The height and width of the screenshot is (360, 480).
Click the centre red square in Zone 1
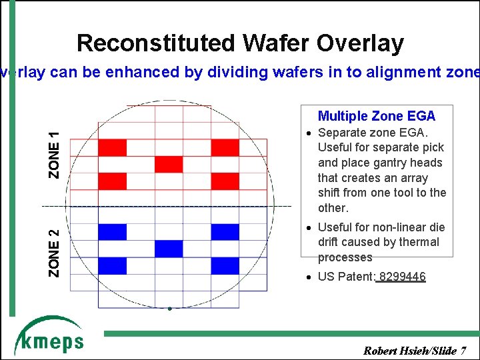[x=169, y=164]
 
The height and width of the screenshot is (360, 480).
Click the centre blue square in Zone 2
[x=169, y=249]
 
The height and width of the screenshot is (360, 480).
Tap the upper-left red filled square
[x=112, y=147]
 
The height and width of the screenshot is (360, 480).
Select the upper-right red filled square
[x=225, y=147]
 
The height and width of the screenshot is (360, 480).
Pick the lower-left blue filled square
[x=112, y=265]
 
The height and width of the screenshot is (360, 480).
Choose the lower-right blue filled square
[x=225, y=265]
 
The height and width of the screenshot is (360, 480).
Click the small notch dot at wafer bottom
[x=170, y=309]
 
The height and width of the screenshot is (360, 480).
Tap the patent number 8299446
[x=402, y=277]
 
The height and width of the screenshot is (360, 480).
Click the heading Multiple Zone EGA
[x=377, y=116]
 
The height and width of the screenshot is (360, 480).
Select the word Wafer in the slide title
[x=279, y=43]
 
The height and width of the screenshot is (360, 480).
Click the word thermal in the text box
[x=419, y=242]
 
